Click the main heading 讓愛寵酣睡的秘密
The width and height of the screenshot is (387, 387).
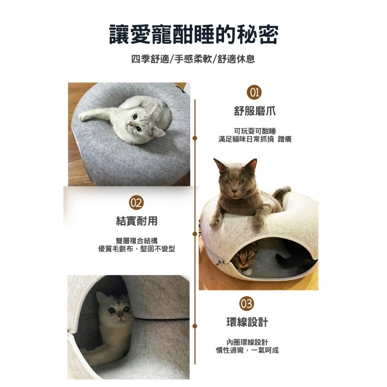pos(193,35)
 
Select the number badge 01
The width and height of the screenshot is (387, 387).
pos(255,93)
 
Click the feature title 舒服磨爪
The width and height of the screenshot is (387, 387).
pos(255,111)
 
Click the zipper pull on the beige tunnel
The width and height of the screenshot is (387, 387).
pos(220,263)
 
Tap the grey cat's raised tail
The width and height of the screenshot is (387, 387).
pos(282,192)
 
